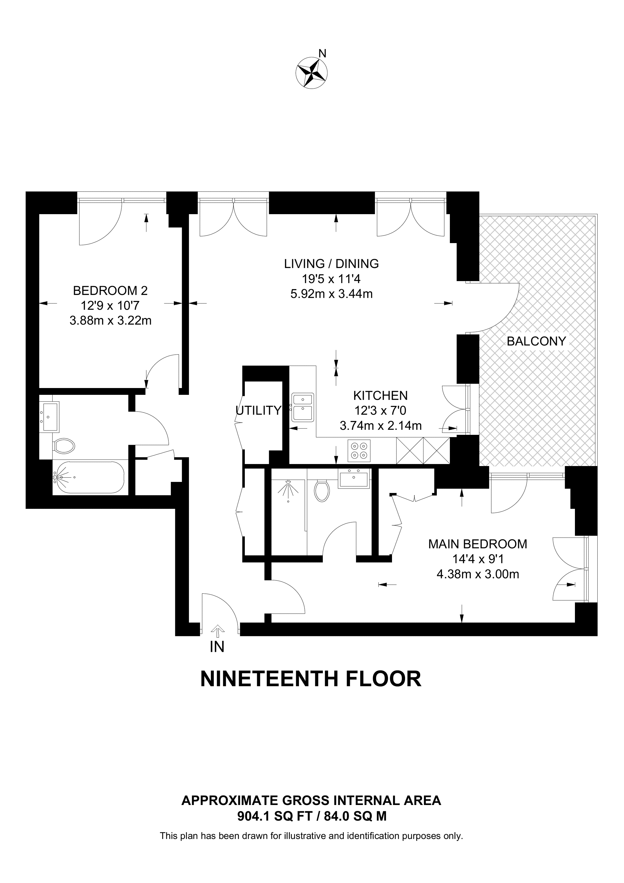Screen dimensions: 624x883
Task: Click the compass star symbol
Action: pos(311,73)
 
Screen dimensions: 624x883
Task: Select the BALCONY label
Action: pos(536,341)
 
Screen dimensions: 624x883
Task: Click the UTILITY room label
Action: pos(258,411)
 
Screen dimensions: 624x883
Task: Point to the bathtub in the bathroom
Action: pos(89,477)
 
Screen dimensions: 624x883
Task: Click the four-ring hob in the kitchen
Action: pos(359,450)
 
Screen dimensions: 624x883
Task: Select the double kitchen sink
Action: pos(303,407)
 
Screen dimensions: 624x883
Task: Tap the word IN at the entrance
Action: pos(217,647)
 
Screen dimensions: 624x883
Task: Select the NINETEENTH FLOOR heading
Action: pos(311,679)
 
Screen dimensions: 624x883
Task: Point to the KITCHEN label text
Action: pos(380,395)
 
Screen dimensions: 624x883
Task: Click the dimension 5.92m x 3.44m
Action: pos(331,294)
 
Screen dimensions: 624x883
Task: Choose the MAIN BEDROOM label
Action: pos(478,544)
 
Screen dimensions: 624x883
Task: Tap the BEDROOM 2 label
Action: pos(110,290)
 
